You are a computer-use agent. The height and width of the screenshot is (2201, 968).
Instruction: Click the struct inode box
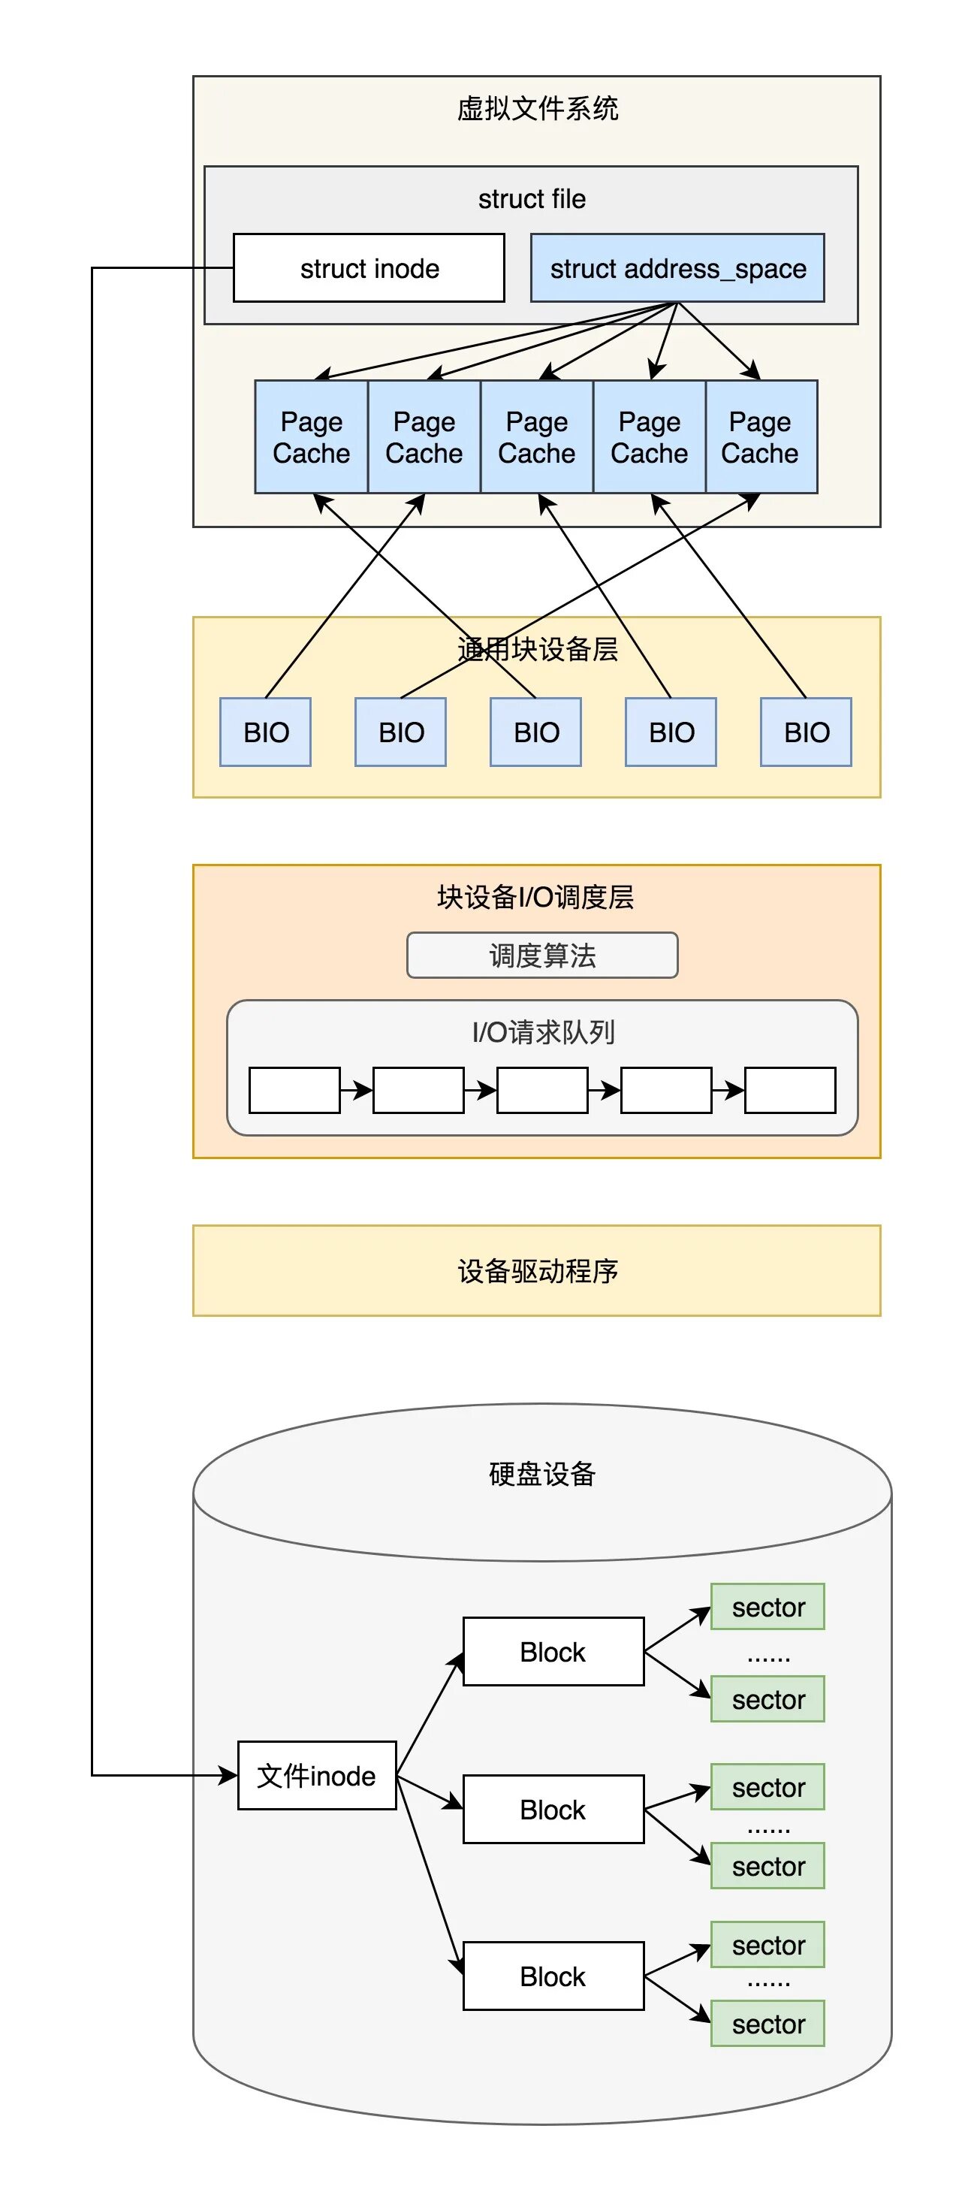(x=368, y=268)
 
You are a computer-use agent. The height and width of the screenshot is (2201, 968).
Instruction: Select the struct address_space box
(x=677, y=268)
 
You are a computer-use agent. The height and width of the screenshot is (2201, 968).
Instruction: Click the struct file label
(x=532, y=199)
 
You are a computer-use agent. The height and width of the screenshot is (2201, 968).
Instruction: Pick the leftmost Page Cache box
(x=311, y=436)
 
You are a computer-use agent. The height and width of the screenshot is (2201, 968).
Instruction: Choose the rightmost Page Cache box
(x=761, y=436)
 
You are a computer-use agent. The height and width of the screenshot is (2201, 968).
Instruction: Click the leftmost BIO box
(x=266, y=732)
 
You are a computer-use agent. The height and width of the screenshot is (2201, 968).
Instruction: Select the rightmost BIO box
(x=806, y=732)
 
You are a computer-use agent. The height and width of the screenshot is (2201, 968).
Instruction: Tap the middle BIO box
(x=535, y=732)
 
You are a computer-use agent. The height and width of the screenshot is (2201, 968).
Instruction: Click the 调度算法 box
(x=541, y=956)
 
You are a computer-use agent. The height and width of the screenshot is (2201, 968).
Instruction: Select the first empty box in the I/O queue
(x=294, y=1090)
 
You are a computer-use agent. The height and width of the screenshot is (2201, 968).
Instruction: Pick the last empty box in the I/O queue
(x=789, y=1090)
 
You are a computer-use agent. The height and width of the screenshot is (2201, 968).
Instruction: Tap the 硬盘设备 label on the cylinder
(x=541, y=1474)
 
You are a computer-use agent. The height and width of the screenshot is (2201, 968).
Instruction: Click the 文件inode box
(x=316, y=1776)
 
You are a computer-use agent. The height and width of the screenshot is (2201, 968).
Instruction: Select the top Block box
(x=553, y=1652)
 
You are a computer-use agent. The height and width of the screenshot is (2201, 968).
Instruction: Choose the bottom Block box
(x=553, y=1976)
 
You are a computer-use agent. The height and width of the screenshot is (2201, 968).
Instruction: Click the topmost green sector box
(x=767, y=1607)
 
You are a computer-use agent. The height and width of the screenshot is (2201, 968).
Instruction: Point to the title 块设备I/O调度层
(x=535, y=897)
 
